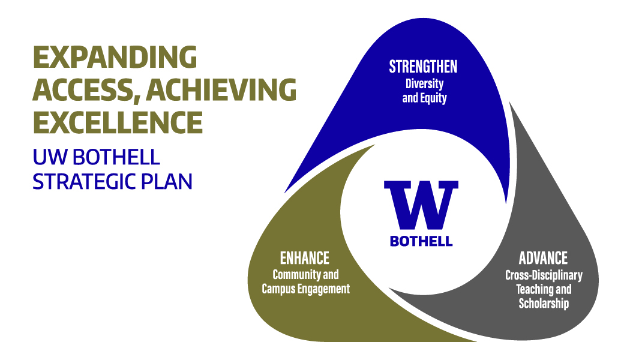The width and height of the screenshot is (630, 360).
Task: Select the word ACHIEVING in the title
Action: tap(221, 89)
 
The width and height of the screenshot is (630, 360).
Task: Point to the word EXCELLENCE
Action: tap(118, 122)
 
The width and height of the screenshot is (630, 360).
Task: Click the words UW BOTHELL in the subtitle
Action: tap(97, 157)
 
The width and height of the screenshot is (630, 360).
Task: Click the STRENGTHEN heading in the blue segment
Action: tap(423, 67)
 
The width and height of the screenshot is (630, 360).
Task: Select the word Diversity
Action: tap(424, 83)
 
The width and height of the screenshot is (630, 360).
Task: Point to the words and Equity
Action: tap(424, 98)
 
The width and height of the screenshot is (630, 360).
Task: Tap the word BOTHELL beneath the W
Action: tap(421, 241)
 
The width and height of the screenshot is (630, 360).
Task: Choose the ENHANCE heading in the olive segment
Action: tap(305, 258)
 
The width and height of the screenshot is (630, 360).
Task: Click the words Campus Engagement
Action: tap(306, 289)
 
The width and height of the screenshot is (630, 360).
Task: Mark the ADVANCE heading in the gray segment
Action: tap(543, 258)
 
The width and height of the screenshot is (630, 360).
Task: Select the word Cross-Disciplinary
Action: tap(544, 275)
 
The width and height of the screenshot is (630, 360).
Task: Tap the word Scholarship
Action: tap(544, 304)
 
